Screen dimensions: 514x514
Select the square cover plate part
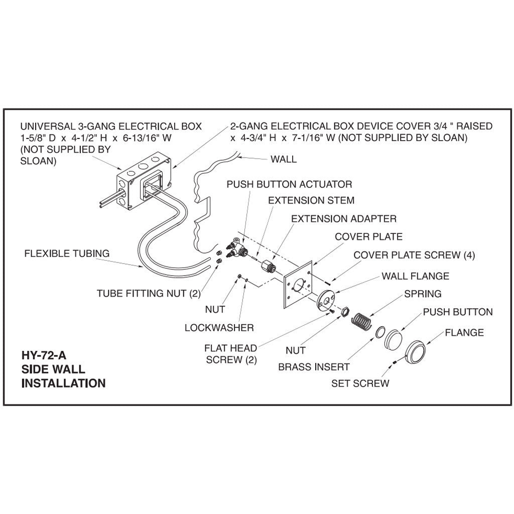tap(298, 290)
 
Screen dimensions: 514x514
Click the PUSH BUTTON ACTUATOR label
tap(289, 184)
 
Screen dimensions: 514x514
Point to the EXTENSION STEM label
tap(311, 200)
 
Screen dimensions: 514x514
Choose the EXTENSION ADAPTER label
tap(344, 219)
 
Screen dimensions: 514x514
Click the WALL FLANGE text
tap(415, 276)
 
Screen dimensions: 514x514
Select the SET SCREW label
tap(360, 383)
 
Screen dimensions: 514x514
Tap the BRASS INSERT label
tap(314, 367)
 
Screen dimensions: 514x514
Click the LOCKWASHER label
tap(219, 328)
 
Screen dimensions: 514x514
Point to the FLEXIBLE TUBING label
tap(67, 253)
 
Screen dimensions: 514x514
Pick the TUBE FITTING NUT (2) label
tap(149, 294)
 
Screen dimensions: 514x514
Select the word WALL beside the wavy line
tap(284, 159)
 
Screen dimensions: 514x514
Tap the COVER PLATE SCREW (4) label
tap(414, 255)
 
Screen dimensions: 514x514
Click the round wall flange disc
tap(326, 300)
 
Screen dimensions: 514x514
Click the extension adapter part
tap(268, 265)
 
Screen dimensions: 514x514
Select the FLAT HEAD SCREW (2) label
tap(231, 354)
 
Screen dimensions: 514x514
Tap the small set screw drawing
tap(396, 363)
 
